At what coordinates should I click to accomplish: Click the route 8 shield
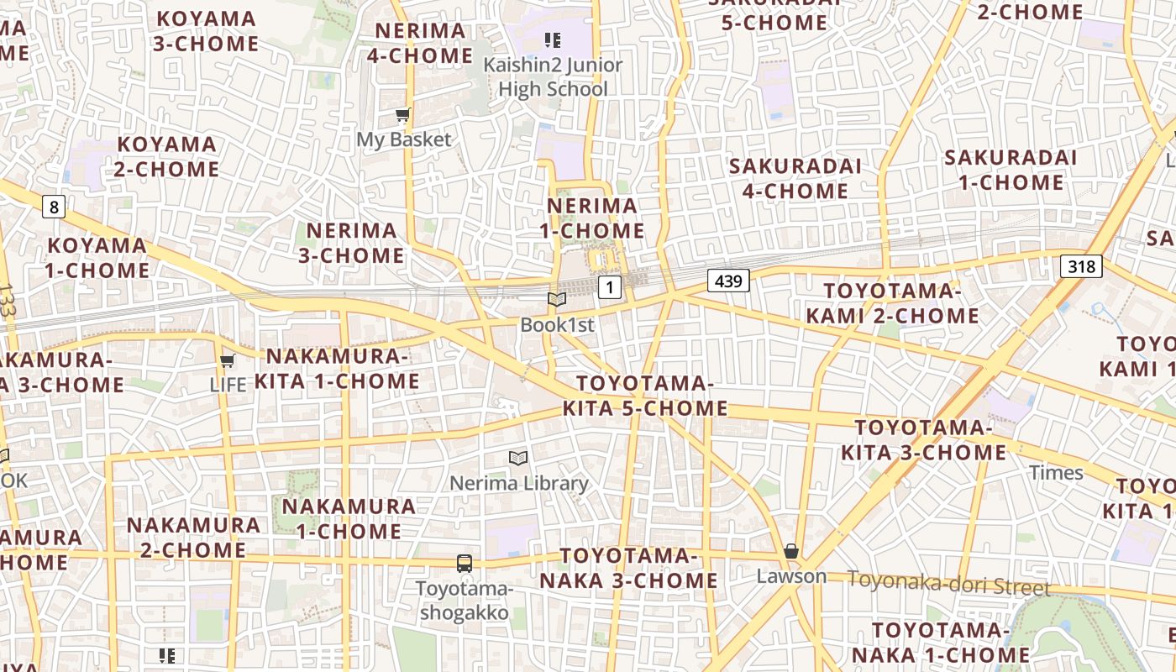[x=54, y=206]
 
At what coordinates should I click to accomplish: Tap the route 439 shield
[x=727, y=281]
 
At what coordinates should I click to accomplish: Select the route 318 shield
[x=1081, y=267]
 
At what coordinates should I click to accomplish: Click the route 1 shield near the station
[x=610, y=288]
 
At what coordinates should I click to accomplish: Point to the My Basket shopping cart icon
[x=403, y=115]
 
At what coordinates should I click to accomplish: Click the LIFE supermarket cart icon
[x=227, y=361]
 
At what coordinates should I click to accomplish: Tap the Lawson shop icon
[x=790, y=552]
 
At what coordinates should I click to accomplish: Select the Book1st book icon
[x=556, y=299]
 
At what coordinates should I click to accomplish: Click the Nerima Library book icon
[x=518, y=458]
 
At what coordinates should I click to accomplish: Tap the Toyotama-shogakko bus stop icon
[x=465, y=563]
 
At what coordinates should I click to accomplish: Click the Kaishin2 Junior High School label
[x=553, y=77]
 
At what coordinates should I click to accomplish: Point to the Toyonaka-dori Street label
[x=948, y=583]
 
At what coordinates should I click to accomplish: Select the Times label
[x=1056, y=473]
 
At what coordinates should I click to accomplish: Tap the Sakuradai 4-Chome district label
[x=795, y=178]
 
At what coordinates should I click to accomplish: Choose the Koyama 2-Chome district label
[x=166, y=157]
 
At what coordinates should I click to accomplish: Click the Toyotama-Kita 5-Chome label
[x=644, y=396]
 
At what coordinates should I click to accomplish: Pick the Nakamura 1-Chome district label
[x=349, y=519]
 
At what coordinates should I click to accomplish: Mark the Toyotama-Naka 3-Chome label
[x=628, y=569]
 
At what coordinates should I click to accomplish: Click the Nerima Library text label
[x=519, y=484]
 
